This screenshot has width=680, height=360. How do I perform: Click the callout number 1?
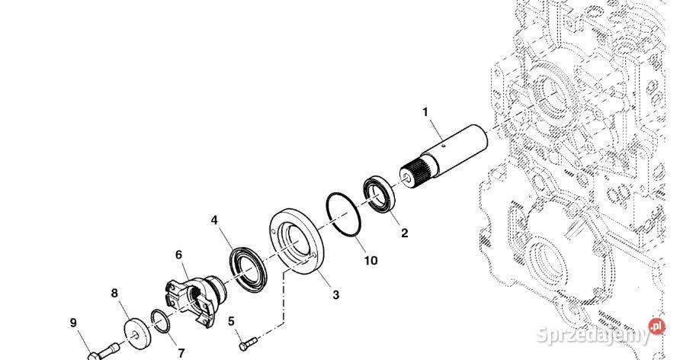click(x=426, y=112)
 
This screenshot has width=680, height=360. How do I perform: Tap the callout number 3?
click(x=335, y=294)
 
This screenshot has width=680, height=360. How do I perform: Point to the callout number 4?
click(x=215, y=221)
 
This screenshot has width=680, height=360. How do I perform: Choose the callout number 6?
click(x=178, y=255)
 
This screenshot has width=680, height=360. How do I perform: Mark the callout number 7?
click(x=181, y=353)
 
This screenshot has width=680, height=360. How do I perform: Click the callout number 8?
click(x=115, y=292)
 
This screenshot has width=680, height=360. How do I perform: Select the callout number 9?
click(x=74, y=323)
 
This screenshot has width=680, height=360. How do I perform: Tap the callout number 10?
click(x=370, y=260)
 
